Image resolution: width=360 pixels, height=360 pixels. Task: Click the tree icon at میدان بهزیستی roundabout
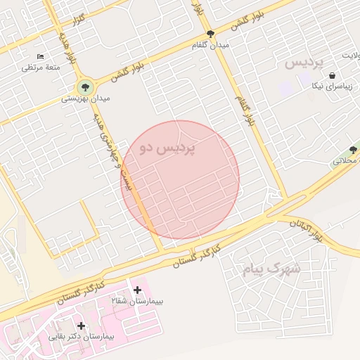point(85,88)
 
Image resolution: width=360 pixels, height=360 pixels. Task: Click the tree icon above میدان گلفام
point(210,34)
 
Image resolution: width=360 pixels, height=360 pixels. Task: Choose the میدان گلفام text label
point(210,45)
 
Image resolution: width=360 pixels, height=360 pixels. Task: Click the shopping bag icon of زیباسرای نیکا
point(331,76)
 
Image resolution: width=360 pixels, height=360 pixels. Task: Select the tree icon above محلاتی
point(353,149)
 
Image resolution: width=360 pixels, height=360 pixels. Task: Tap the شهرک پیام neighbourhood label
point(271,269)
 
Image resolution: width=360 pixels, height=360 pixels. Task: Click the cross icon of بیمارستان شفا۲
point(137,290)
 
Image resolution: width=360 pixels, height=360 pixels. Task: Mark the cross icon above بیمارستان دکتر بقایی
point(82,326)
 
